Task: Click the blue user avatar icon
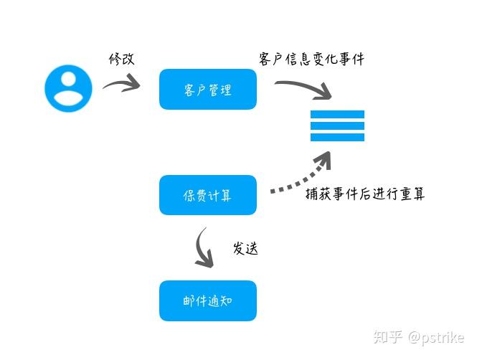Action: coord(68,88)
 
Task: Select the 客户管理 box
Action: coord(207,90)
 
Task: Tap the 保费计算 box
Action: coord(207,195)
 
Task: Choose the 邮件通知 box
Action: coord(207,301)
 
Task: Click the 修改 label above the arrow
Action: coord(121,59)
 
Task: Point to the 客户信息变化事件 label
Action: coord(311,59)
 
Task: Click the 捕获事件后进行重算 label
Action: coord(364,193)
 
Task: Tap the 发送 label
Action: coord(245,249)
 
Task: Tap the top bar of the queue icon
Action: coord(337,115)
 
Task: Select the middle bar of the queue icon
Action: coord(337,125)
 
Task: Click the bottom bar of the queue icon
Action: coord(337,137)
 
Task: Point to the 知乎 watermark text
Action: coord(390,336)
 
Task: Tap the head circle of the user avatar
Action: coord(68,79)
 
